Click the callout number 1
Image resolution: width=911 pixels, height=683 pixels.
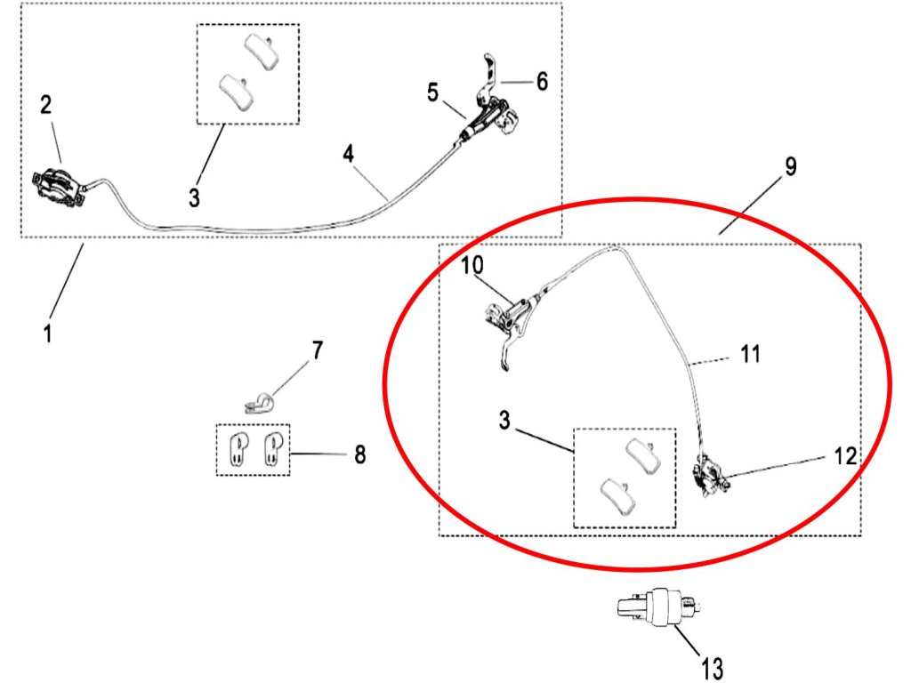click(48, 334)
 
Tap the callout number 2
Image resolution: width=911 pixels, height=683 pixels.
click(46, 105)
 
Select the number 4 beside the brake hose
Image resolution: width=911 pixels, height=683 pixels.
click(348, 153)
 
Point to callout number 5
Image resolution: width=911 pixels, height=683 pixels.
click(432, 92)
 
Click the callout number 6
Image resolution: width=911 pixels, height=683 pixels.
click(541, 81)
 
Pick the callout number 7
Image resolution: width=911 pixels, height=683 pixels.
click(317, 350)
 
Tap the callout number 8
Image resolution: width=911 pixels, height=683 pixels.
click(359, 455)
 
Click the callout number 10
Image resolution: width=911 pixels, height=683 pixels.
click(472, 265)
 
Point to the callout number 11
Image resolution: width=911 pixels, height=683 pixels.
click(750, 355)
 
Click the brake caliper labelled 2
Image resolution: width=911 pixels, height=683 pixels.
click(55, 185)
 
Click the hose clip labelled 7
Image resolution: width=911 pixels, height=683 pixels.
click(258, 404)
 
